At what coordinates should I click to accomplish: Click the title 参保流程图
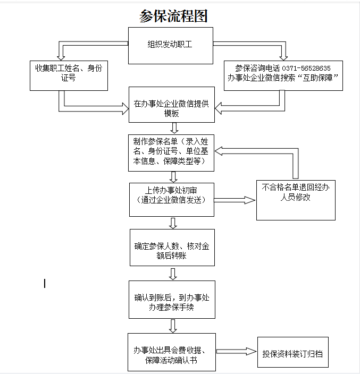click(173, 16)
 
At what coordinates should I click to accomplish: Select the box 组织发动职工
click(171, 46)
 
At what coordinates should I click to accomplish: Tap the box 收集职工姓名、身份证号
click(69, 75)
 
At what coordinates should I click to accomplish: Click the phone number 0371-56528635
click(306, 69)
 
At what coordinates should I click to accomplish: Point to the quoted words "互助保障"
click(317, 78)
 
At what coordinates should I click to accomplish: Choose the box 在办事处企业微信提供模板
click(172, 105)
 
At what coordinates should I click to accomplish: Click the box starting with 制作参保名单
click(171, 153)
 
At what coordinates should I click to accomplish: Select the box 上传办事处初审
click(172, 200)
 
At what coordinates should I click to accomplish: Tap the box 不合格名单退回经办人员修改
click(296, 200)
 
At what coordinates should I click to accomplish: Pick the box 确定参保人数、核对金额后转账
click(172, 248)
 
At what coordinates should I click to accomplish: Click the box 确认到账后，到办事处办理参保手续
click(172, 300)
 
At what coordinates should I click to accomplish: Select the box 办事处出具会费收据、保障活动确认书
click(172, 352)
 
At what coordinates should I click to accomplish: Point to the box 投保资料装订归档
click(293, 352)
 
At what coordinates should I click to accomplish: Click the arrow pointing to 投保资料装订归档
click(236, 351)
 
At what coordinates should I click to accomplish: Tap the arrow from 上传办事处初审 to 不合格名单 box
click(235, 200)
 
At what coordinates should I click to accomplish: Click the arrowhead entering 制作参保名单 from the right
click(219, 151)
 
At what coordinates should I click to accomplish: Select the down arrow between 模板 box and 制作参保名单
click(174, 128)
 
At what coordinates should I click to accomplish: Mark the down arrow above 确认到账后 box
click(173, 274)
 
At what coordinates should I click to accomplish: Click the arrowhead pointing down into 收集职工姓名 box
click(61, 58)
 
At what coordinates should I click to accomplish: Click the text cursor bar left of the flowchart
click(45, 283)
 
